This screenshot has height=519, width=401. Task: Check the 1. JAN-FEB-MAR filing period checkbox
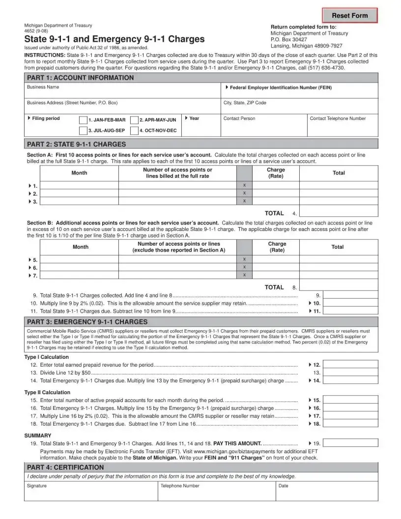[84, 120]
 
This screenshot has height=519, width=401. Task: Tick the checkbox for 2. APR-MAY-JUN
[134, 120]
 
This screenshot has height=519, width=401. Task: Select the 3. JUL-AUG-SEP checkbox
[84, 131]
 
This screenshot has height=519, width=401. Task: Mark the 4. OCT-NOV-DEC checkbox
[134, 131]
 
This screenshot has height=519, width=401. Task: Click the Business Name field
[123, 92]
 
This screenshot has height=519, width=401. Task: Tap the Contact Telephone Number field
[343, 127]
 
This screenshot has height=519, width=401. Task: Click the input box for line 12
[350, 365]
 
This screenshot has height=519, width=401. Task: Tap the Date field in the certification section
[326, 494]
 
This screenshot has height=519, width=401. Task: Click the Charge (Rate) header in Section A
[276, 173]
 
